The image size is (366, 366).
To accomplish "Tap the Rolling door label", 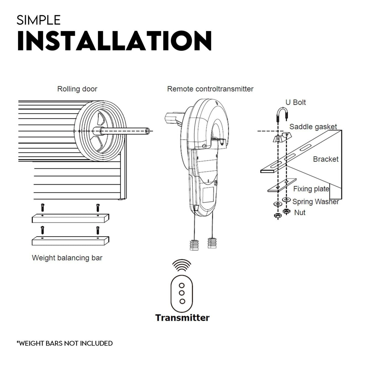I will [77, 89].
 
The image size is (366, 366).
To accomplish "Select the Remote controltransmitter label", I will [210, 89].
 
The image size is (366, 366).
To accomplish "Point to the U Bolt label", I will [295, 102].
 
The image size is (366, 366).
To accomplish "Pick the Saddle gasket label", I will [313, 127].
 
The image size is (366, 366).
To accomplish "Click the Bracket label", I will [325, 159].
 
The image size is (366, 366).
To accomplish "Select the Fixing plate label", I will [311, 189].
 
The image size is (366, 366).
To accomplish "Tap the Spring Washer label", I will [315, 202].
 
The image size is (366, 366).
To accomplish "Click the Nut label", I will [300, 212].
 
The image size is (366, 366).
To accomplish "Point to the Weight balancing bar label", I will [67, 258].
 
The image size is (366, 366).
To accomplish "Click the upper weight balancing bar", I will [70, 218].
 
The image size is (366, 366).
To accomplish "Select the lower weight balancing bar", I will [70, 241].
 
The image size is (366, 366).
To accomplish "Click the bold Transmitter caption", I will [182, 318].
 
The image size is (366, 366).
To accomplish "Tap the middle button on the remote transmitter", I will [182, 293].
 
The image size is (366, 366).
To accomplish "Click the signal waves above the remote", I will [182, 265].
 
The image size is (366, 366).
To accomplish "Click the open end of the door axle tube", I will [148, 131].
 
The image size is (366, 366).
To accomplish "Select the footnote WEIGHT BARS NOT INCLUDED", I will [65, 343].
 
